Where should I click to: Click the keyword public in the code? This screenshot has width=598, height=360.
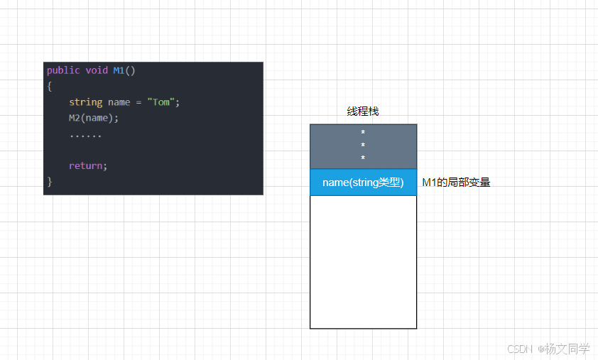pos(63,70)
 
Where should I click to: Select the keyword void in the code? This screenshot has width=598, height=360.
pos(97,70)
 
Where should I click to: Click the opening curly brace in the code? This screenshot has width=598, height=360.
pos(50,86)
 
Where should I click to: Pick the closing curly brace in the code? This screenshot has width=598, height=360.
pos(50,181)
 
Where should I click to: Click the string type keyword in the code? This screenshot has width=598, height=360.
pos(85,102)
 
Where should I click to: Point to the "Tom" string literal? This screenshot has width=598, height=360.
pos(161,102)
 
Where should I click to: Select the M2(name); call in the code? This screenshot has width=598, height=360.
pos(94,118)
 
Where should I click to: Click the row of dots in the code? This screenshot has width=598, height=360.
pos(85,134)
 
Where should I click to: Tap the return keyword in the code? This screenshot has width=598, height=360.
pos(86,165)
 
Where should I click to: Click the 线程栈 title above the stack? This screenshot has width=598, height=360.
pos(362,111)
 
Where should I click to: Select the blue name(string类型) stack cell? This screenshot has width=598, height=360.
pos(363,182)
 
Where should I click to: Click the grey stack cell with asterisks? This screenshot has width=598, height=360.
pos(363,146)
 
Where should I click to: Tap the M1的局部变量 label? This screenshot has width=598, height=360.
pos(456,182)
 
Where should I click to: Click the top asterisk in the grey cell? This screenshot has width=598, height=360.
pos(363,133)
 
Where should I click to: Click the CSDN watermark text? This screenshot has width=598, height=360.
pos(520,349)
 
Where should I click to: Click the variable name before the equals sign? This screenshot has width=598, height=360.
pos(119,102)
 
